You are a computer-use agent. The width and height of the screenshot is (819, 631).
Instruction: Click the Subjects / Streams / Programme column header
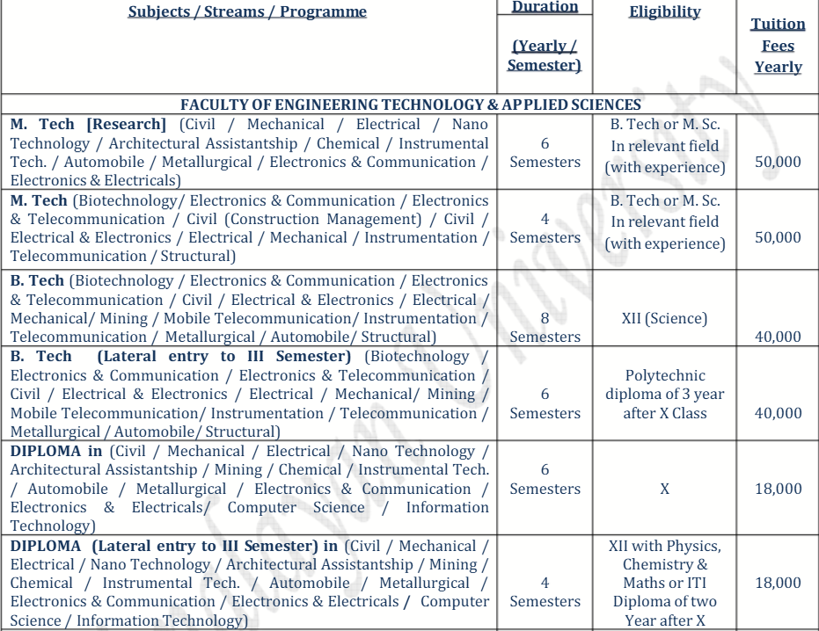[x=247, y=12]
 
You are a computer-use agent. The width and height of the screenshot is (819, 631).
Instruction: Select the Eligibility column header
[x=664, y=12]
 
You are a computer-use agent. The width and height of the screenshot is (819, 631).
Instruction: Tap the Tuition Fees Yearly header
[x=778, y=46]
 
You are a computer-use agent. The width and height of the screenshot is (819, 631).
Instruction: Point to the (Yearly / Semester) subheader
[x=545, y=55]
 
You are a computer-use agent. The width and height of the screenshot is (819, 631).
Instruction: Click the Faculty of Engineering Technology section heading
[x=411, y=105]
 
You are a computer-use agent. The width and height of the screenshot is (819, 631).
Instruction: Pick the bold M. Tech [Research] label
[x=88, y=125]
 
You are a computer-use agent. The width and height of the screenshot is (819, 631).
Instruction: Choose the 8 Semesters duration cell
[x=545, y=327]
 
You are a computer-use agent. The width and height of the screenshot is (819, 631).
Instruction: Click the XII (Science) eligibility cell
[x=664, y=318]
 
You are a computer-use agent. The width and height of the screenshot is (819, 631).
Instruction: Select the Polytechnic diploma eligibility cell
[x=664, y=394]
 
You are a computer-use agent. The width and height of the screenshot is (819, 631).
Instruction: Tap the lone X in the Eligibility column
[x=664, y=489]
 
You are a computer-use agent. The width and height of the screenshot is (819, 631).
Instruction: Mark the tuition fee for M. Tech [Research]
[x=778, y=162]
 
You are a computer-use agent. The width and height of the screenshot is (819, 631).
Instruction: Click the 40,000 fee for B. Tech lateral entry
[x=778, y=413]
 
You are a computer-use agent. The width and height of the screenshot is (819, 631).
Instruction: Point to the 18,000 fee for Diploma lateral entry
[x=778, y=583]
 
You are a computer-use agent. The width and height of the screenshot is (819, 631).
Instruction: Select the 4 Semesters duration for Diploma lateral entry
[x=545, y=591]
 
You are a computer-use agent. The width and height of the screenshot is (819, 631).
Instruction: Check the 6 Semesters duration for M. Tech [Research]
[x=545, y=153]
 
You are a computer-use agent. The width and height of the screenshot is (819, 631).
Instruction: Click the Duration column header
[x=545, y=7]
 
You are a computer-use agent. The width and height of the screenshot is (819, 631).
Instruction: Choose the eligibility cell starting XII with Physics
[x=664, y=583]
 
